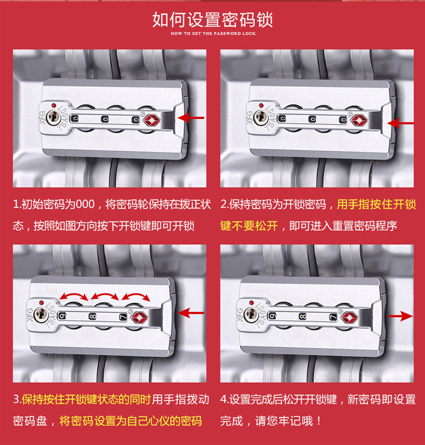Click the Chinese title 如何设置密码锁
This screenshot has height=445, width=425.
coord(212,20)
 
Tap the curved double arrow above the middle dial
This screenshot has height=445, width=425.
coord(104,295)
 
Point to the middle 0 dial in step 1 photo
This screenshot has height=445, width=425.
coord(105,119)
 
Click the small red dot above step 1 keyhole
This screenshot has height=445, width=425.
coord(53,105)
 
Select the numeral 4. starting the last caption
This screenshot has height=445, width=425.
coord(224,400)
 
